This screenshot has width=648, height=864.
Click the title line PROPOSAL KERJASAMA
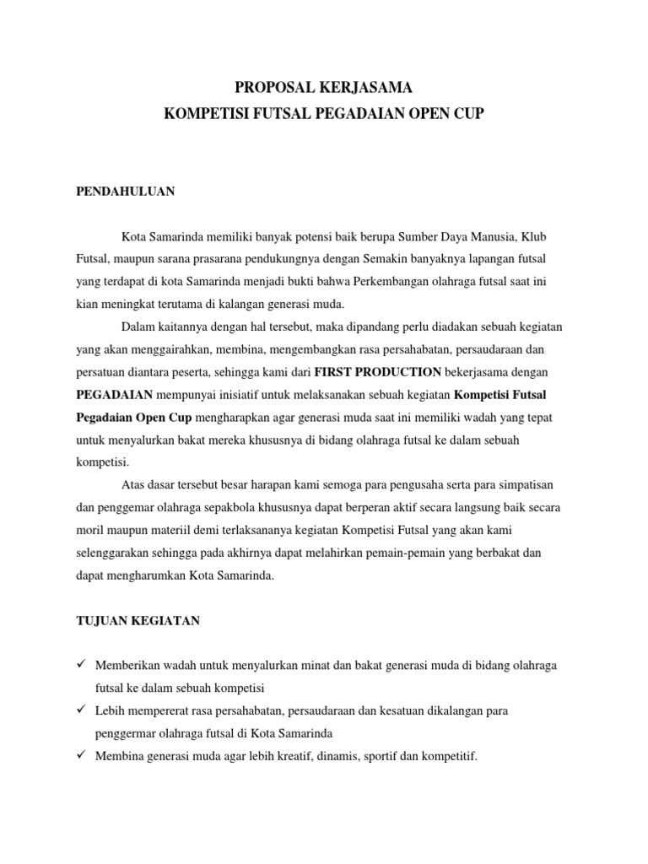point(324,87)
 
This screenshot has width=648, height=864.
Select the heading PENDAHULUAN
point(126,192)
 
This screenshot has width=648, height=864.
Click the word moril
point(90,531)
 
